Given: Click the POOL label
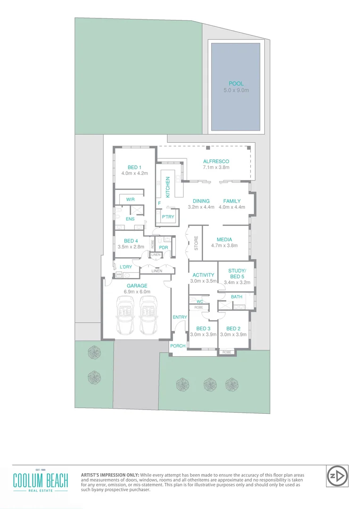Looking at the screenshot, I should pyautogui.click(x=236, y=83).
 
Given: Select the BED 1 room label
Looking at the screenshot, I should pyautogui.click(x=134, y=167).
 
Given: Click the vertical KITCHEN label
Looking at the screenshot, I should pyautogui.click(x=167, y=187).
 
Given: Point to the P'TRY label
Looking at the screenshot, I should pyautogui.click(x=168, y=217).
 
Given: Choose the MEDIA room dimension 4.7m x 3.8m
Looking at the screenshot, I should pyautogui.click(x=224, y=246).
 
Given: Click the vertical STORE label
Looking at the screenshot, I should pyautogui.click(x=196, y=243).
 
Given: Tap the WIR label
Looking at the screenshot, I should pyautogui.click(x=130, y=199).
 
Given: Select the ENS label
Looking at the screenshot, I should pyautogui.click(x=130, y=219).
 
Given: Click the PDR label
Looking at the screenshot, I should pyautogui.click(x=164, y=247).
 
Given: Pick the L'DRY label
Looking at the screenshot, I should pyautogui.click(x=125, y=267).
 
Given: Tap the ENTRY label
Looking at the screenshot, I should pyautogui.click(x=180, y=317).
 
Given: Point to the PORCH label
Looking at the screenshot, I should pyautogui.click(x=178, y=346).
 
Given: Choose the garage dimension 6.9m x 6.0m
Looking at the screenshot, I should pyautogui.click(x=137, y=292).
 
